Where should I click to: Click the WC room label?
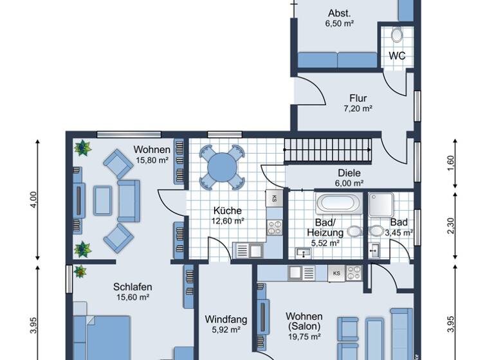(397, 56)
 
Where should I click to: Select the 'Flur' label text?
(358, 98)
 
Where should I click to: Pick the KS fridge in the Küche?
(275, 199)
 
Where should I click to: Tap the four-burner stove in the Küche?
(275, 226)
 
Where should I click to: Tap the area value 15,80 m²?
(152, 160)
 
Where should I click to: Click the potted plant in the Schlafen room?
(81, 271)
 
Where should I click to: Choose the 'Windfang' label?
(222, 319)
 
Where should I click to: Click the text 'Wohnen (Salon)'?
(304, 321)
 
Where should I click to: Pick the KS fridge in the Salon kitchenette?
(336, 273)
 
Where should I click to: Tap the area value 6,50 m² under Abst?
(340, 22)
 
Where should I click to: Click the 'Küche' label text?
(228, 210)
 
